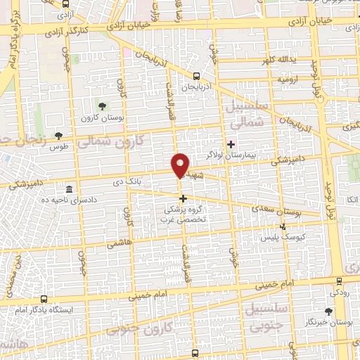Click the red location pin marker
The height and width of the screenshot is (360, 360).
[x=181, y=165]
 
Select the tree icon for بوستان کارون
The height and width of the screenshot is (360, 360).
[x=103, y=106]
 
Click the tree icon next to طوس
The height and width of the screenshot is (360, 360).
[x=58, y=135]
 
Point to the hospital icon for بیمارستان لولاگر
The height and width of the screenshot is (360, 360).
[x=231, y=143]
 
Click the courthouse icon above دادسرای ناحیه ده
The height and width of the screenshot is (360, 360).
[x=69, y=190]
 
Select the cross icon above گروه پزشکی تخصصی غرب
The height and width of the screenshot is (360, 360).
[x=184, y=198]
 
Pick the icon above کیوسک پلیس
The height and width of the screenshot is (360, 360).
[x=283, y=226]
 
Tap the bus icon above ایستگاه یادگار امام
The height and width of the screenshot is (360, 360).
[x=44, y=299]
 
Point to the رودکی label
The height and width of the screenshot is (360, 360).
[x=340, y=290]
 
